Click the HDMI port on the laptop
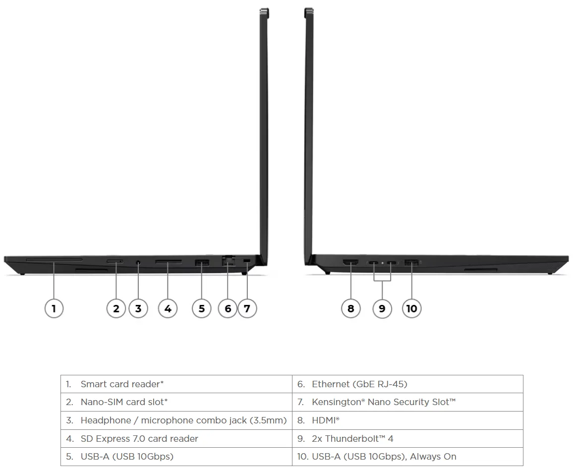click(x=350, y=262)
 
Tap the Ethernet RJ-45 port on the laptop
click(x=228, y=261)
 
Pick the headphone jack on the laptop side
click(x=138, y=262)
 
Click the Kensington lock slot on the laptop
click(x=246, y=261)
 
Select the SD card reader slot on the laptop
click(x=168, y=262)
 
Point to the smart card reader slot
click(x=54, y=259)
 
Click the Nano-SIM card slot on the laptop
click(x=115, y=261)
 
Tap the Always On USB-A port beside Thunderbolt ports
click(x=411, y=262)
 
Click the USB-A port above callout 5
click(x=202, y=263)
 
